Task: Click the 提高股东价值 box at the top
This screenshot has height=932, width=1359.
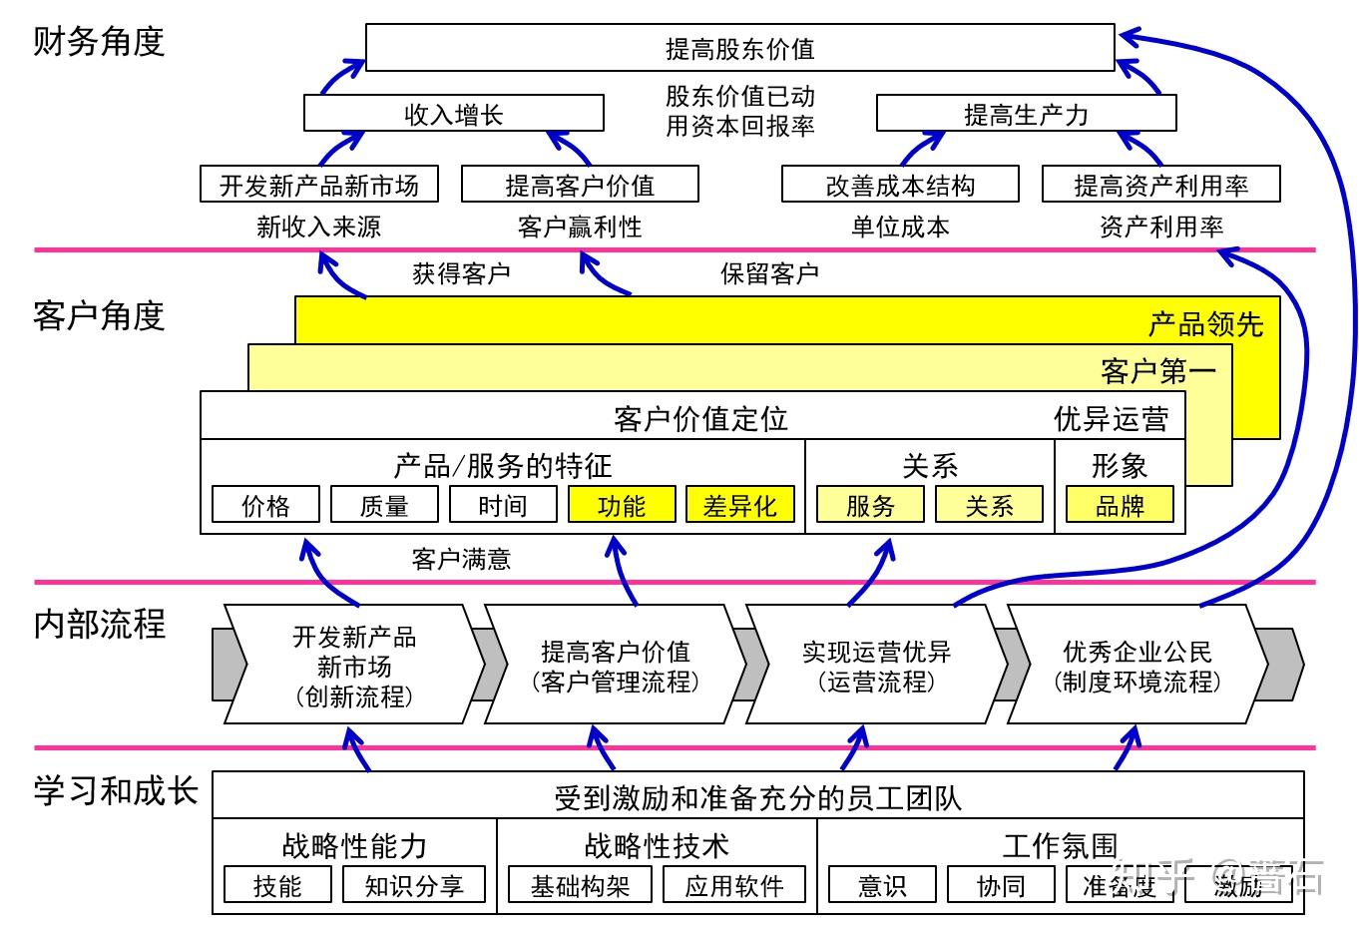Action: [x=739, y=48]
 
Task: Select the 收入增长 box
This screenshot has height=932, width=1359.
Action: [x=453, y=114]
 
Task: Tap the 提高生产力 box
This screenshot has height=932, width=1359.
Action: [x=1026, y=114]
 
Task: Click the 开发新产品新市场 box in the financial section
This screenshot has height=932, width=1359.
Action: [x=319, y=185]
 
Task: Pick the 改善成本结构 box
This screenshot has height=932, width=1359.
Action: [x=900, y=185]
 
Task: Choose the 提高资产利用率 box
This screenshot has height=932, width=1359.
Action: [x=1160, y=185]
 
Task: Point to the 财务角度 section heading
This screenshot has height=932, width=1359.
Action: [x=98, y=42]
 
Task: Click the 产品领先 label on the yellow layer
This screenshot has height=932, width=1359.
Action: [x=1205, y=324]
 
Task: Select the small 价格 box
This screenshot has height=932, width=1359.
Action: [x=265, y=505]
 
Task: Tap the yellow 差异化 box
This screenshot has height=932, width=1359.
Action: [x=739, y=505]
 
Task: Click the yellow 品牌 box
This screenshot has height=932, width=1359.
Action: [x=1120, y=505]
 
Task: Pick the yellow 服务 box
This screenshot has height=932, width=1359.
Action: [x=870, y=505]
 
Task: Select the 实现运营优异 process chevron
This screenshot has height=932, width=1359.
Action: [x=876, y=666]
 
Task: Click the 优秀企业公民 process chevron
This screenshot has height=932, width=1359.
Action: [x=1136, y=666]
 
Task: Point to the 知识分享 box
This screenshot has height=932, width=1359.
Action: [x=414, y=885]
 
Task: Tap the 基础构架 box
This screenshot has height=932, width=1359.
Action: [x=580, y=885]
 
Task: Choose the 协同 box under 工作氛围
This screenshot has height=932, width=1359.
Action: [x=1000, y=885]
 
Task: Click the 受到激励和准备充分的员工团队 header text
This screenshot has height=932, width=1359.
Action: [x=758, y=797]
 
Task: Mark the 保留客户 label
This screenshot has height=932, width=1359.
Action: [x=769, y=273]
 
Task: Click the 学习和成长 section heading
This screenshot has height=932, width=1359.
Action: [x=115, y=790]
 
